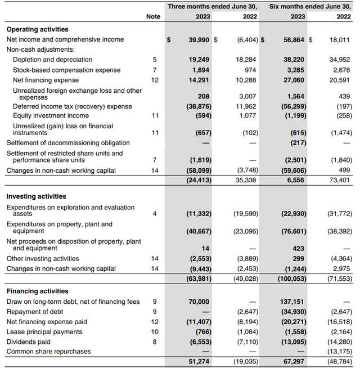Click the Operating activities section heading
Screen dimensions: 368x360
click(x=37, y=29)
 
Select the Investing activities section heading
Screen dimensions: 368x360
click(x=36, y=196)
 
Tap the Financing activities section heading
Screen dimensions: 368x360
click(x=37, y=291)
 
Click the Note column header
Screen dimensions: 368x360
click(x=153, y=16)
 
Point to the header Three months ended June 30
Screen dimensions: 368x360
click(x=213, y=6)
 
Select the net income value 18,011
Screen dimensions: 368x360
click(x=339, y=40)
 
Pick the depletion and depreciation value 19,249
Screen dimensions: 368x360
click(x=199, y=60)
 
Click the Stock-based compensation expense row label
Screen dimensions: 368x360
click(x=66, y=70)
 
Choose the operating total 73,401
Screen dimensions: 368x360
click(x=339, y=181)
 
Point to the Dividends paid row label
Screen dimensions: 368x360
click(x=28, y=342)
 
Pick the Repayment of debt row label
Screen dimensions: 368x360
click(x=33, y=312)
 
